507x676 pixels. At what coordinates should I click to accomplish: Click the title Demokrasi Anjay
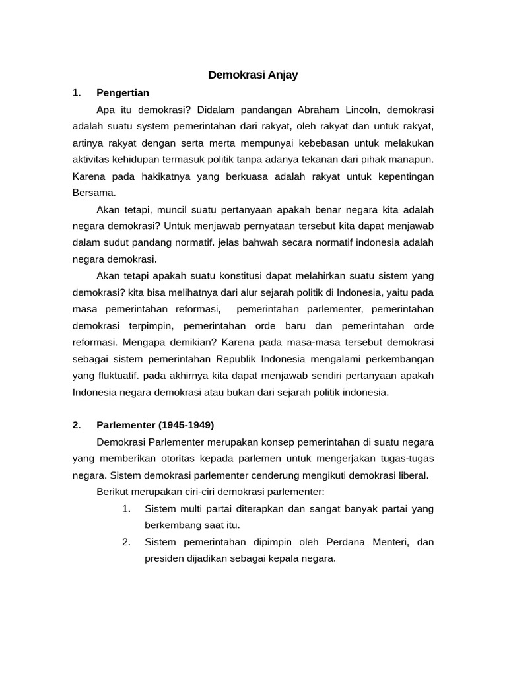click(253, 75)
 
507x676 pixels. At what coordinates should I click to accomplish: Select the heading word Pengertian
click(123, 92)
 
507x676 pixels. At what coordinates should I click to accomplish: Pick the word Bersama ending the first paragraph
click(94, 193)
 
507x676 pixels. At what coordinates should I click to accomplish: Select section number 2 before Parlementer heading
click(77, 424)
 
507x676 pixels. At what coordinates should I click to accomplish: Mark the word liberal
click(413, 475)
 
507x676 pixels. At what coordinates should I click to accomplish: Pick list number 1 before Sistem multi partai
click(127, 508)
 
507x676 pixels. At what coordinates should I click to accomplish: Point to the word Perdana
click(349, 541)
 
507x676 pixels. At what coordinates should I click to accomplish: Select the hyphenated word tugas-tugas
click(405, 458)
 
